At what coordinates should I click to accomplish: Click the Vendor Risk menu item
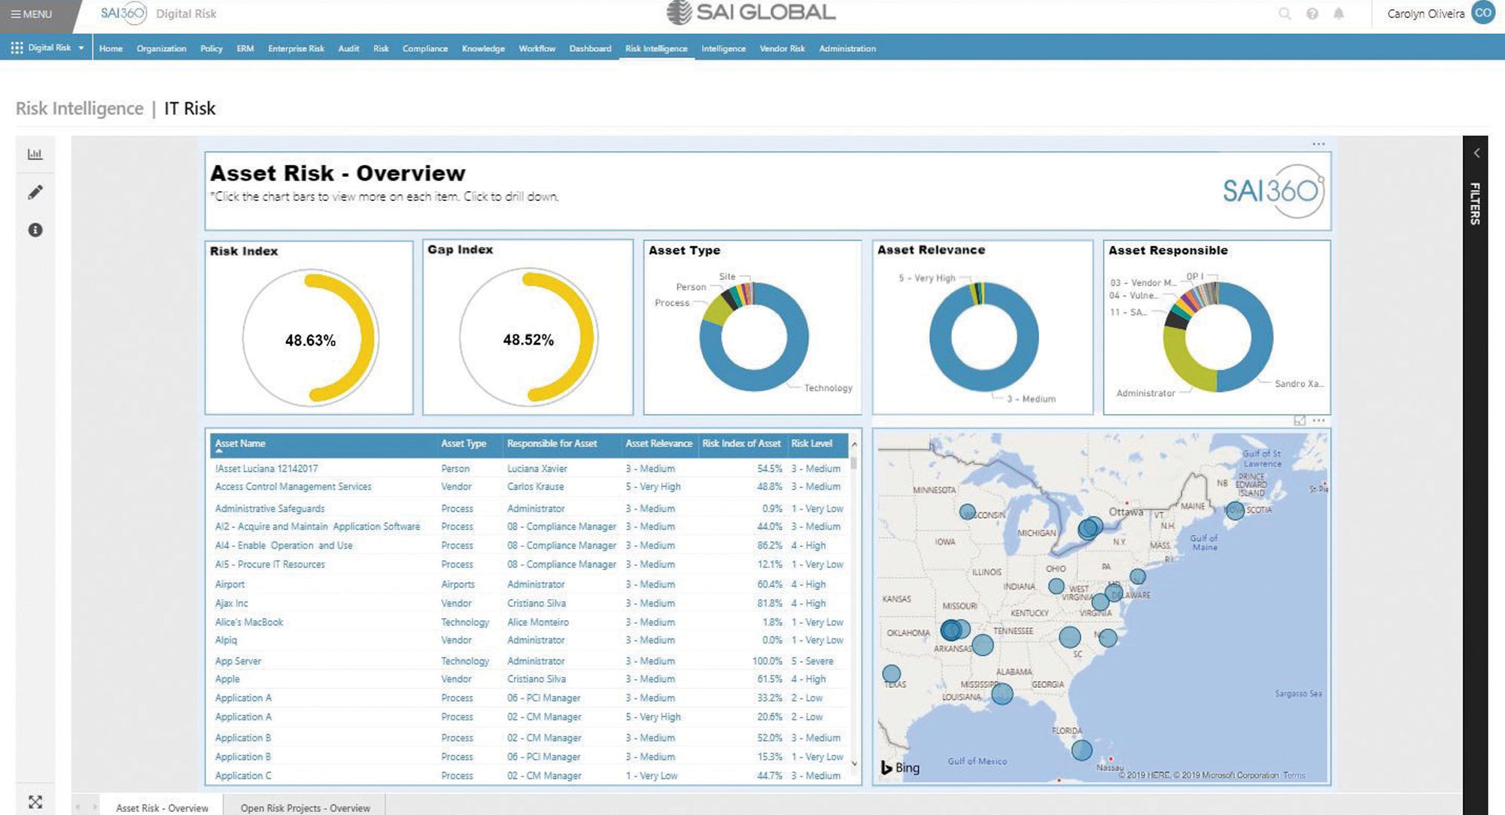782,49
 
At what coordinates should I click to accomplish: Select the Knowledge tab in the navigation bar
483,49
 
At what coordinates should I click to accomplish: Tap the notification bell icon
1339,14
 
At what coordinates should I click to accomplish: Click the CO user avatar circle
1483,14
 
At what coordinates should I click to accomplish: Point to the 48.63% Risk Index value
310,341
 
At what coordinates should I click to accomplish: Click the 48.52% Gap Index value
528,340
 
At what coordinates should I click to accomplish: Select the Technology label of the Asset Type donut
828,388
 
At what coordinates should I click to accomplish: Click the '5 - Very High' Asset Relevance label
926,278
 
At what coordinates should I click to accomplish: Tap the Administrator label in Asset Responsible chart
1145,394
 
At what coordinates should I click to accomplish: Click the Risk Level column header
811,444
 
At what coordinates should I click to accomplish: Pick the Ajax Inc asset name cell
232,604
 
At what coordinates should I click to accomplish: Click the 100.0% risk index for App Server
767,661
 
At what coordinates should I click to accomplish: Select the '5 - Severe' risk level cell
812,661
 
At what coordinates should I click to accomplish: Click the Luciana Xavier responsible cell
537,469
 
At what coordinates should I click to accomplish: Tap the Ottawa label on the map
1126,512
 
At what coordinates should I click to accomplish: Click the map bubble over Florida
1081,750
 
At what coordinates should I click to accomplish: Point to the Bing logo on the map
900,768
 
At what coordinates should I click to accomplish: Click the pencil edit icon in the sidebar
35,193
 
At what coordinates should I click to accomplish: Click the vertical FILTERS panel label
1475,203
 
